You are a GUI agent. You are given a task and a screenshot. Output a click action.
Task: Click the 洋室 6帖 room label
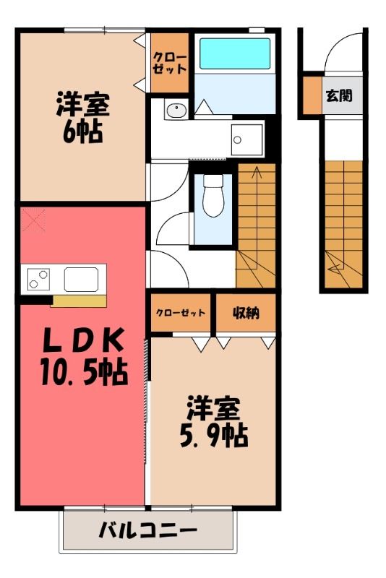(82, 118)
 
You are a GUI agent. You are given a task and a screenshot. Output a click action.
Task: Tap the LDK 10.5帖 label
(84, 357)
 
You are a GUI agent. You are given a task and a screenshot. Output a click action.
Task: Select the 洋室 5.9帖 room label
(214, 421)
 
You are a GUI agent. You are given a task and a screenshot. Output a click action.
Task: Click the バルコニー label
(148, 531)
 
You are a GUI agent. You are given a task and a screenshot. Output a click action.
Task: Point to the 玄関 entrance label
(339, 95)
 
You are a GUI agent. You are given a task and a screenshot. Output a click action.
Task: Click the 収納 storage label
(246, 313)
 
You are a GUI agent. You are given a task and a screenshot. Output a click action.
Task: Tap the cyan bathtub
(235, 53)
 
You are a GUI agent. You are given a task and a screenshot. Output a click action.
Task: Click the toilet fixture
(213, 195)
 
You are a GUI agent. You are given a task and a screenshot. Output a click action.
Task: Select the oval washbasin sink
(176, 111)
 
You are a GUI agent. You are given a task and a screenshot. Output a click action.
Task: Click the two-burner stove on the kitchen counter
(38, 279)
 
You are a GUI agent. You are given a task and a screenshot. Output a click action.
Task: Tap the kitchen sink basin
(81, 280)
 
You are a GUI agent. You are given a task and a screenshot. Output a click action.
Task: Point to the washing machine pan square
(246, 139)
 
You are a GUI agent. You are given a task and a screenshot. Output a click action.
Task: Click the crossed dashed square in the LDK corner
(33, 220)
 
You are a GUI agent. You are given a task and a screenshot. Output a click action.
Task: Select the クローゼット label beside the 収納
(180, 313)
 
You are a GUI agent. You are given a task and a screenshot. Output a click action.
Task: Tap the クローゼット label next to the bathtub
(170, 63)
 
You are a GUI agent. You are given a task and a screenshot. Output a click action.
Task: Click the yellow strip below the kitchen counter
(79, 301)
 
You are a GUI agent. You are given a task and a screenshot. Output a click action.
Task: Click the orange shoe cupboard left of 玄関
(313, 95)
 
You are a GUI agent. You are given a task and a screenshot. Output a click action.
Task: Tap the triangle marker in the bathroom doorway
(204, 107)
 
